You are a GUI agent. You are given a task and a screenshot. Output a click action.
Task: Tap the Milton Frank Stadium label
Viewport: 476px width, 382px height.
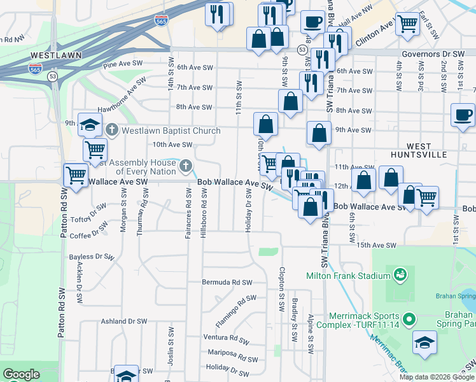click(x=348, y=276)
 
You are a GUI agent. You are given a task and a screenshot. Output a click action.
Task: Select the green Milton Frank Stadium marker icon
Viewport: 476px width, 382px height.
click(x=400, y=275)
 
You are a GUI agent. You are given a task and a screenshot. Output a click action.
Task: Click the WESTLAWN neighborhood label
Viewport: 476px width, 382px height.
click(x=56, y=55)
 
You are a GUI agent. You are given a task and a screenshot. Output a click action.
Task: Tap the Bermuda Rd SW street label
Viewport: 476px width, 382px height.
click(x=227, y=282)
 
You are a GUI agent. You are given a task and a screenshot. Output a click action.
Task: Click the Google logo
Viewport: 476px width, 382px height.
click(x=21, y=374)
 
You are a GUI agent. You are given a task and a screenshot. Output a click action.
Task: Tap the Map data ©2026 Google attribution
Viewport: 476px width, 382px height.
click(x=437, y=377)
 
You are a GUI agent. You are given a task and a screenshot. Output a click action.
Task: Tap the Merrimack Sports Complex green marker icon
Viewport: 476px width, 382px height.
click(x=409, y=318)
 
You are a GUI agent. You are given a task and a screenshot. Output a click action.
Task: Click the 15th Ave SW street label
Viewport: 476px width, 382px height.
click(x=377, y=245)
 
